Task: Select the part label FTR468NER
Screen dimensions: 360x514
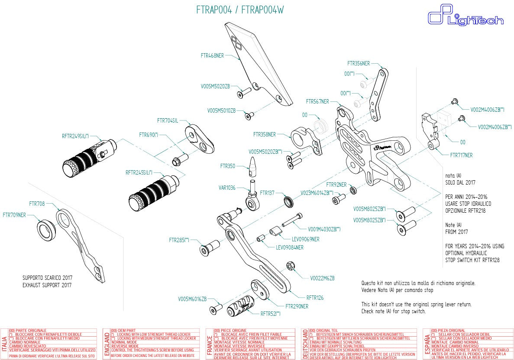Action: [x=212, y=55]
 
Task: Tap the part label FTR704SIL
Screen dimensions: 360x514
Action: [x=168, y=120]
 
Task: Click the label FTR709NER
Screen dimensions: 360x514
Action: [x=14, y=214]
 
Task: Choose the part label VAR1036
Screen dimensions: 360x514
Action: [x=227, y=188]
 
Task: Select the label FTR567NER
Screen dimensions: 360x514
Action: [x=317, y=101]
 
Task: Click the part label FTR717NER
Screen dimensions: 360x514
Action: [x=461, y=155]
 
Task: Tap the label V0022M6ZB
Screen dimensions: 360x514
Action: [x=322, y=278]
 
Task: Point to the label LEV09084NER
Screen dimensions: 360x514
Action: [x=290, y=247]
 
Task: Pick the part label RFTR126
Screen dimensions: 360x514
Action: [x=315, y=298]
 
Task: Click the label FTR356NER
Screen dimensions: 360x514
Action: [x=359, y=63]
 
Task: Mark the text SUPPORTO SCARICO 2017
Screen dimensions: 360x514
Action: [x=47, y=278]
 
